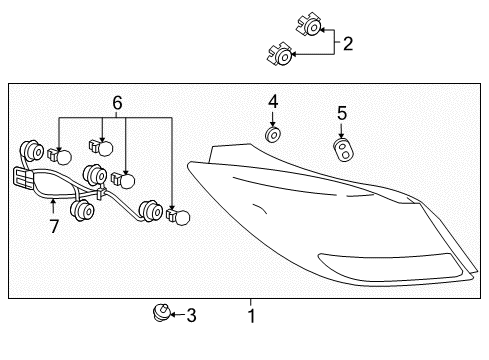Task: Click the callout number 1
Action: click(x=252, y=316)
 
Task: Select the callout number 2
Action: click(x=348, y=44)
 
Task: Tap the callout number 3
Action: click(x=191, y=315)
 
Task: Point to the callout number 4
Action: click(x=273, y=102)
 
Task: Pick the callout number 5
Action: click(x=342, y=113)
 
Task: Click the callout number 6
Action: click(x=117, y=103)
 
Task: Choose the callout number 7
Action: click(x=54, y=226)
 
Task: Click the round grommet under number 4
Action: click(x=273, y=135)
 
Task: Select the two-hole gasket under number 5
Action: click(x=343, y=150)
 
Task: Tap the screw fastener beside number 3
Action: click(x=162, y=313)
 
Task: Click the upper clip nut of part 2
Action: click(x=309, y=24)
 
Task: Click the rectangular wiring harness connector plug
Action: click(x=23, y=179)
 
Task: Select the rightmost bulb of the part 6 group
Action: click(x=178, y=216)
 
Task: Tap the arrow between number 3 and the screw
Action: click(x=178, y=314)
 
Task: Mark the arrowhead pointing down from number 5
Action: click(x=341, y=135)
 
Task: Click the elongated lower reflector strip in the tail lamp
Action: click(x=391, y=267)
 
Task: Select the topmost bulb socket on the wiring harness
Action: click(x=31, y=151)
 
